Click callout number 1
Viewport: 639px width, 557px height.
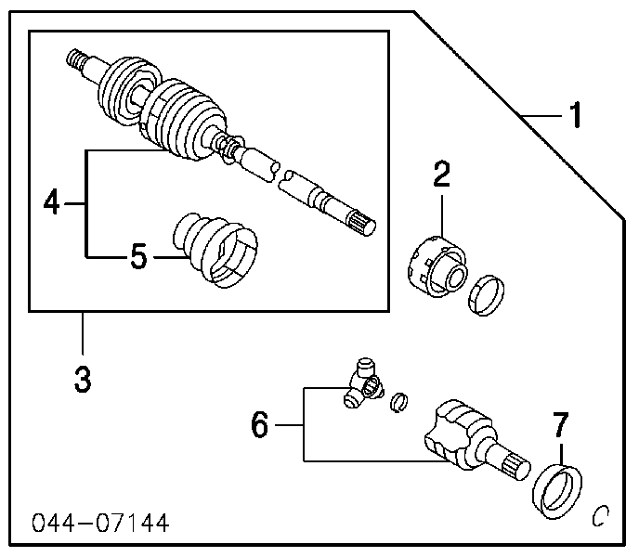point(576,116)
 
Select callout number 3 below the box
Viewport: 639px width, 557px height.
point(83,379)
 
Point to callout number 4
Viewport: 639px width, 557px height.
point(52,201)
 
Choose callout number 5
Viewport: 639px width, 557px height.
point(137,257)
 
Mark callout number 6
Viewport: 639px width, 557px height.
point(259,426)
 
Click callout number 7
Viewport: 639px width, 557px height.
point(559,426)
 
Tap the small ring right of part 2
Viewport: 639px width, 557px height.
point(488,296)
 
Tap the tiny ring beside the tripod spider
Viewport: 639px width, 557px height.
point(399,400)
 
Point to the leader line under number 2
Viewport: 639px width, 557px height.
point(441,212)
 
